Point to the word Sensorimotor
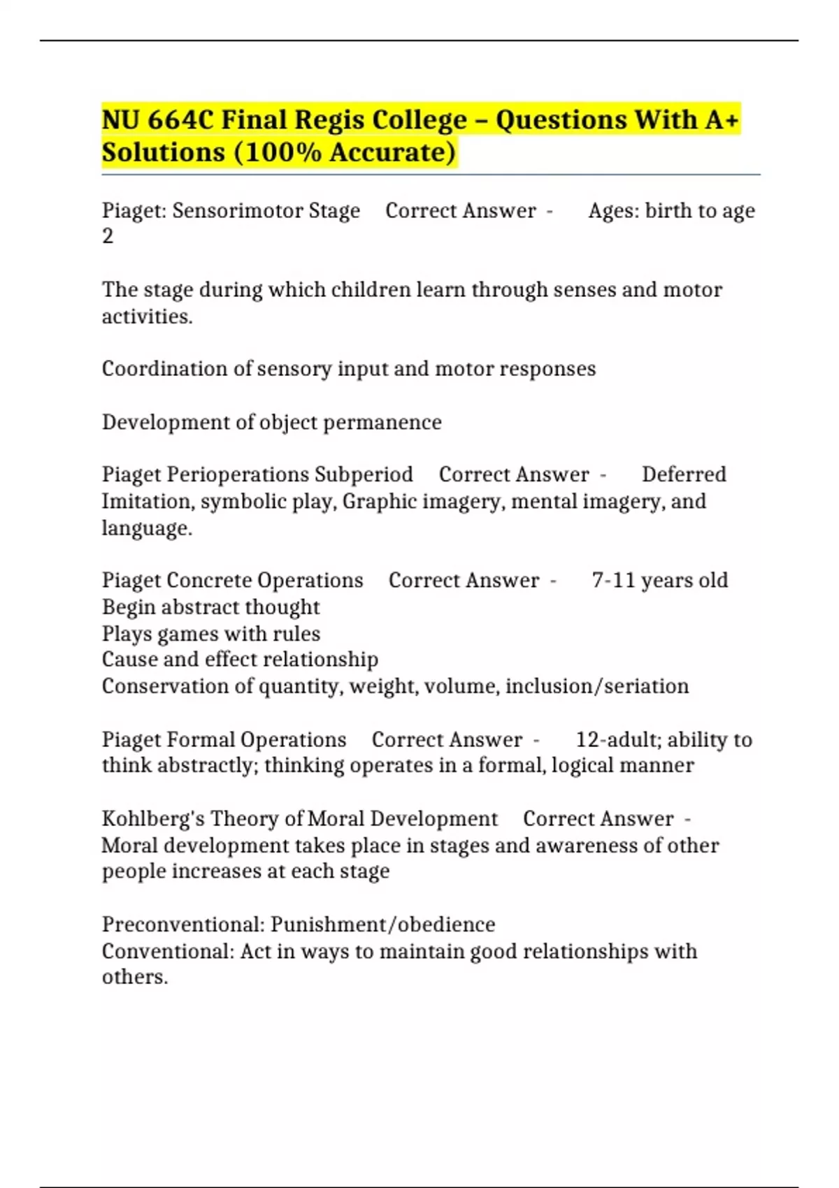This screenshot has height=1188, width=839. (x=232, y=211)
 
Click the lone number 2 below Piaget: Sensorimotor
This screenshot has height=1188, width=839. (x=108, y=237)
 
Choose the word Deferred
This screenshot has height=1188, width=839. (x=684, y=475)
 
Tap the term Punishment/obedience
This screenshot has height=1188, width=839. (x=383, y=925)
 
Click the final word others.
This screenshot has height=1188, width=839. (x=135, y=977)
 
